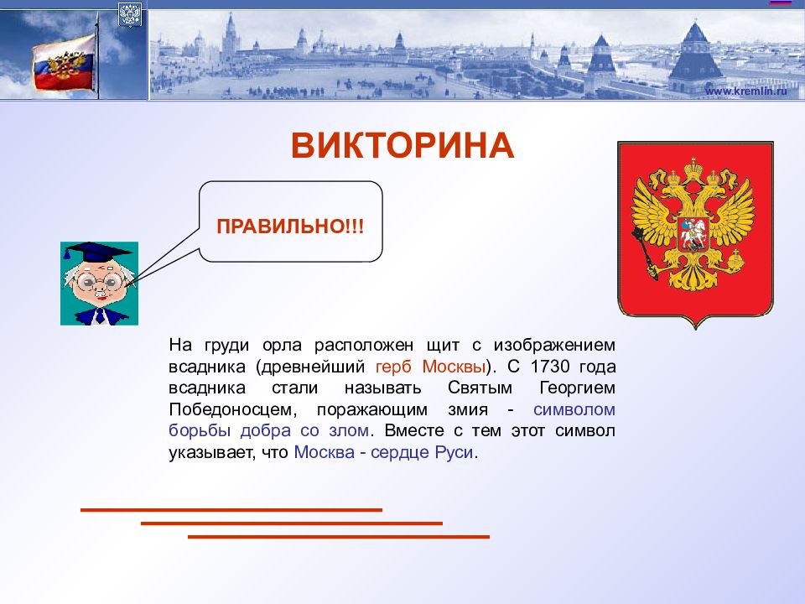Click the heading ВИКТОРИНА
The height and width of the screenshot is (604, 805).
pyautogui.click(x=402, y=145)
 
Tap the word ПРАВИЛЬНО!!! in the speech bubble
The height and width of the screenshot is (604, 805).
pyautogui.click(x=291, y=226)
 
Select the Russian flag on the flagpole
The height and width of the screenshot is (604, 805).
pyautogui.click(x=65, y=65)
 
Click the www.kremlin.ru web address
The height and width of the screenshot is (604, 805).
pyautogui.click(x=745, y=91)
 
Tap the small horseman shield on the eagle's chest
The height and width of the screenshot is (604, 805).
pyautogui.click(x=693, y=234)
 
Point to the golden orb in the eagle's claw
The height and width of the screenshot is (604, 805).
pyautogui.click(x=735, y=260)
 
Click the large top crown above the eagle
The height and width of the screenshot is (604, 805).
pyautogui.click(x=694, y=169)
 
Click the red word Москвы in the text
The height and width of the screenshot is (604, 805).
pyautogui.click(x=454, y=367)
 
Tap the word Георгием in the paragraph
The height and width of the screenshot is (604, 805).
pyautogui.click(x=577, y=388)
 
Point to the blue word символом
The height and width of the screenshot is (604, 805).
pyautogui.click(x=574, y=409)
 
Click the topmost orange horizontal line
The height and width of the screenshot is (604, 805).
pyautogui.click(x=231, y=510)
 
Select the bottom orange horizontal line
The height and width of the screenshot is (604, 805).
pyautogui.click(x=339, y=537)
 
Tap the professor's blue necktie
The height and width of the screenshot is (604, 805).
pyautogui.click(x=100, y=315)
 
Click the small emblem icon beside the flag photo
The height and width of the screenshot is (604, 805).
pyautogui.click(x=129, y=14)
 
